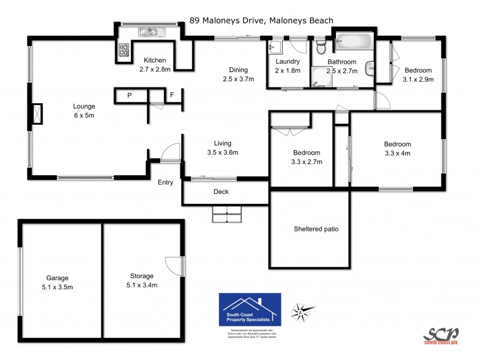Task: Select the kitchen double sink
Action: [148, 31]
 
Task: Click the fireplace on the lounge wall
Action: [37, 113]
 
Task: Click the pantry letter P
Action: [129, 95]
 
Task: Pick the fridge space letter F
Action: [172, 95]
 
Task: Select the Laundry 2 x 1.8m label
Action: [287, 66]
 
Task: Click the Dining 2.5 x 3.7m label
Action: [238, 74]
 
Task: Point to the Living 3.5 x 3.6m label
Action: [222, 148]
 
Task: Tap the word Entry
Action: [166, 182]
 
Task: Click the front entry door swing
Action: [170, 152]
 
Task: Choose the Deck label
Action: [221, 192]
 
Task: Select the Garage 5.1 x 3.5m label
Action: [58, 282]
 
